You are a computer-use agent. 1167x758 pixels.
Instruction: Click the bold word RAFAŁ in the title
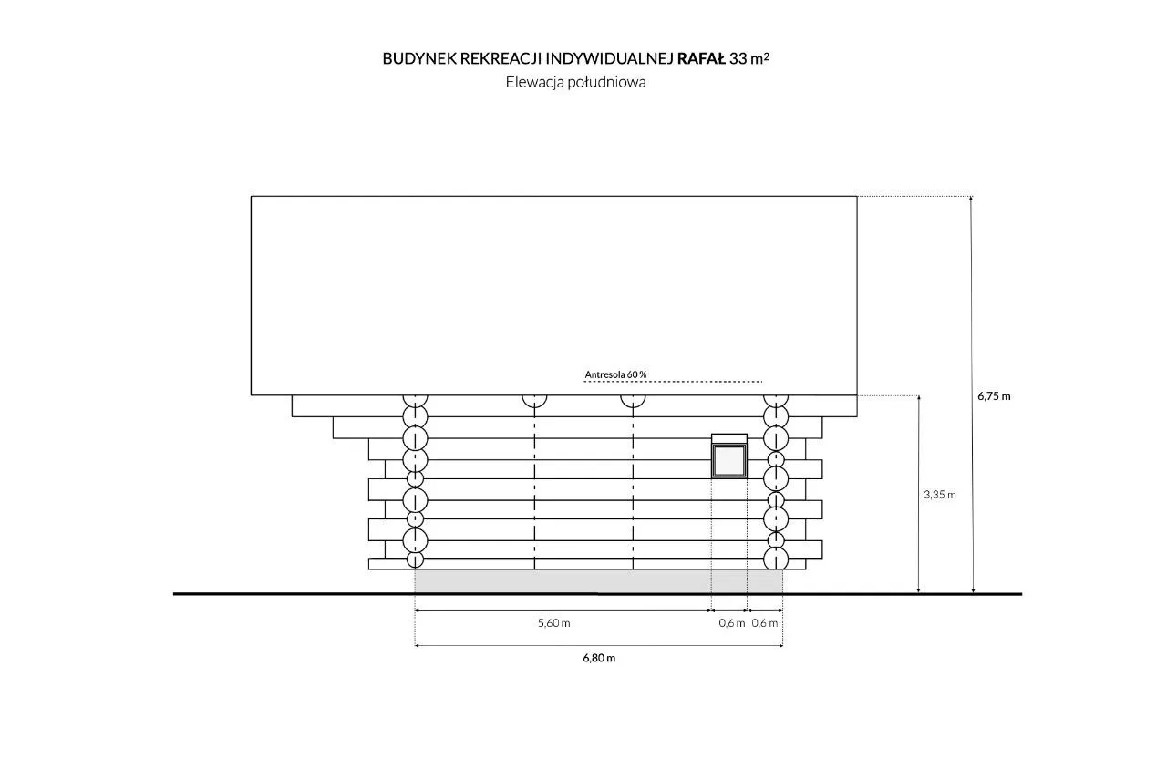point(701,59)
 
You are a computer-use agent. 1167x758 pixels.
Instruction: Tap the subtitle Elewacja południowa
point(575,82)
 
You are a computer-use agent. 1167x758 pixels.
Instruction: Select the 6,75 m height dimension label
point(994,396)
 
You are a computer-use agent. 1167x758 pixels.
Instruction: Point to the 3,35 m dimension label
point(940,495)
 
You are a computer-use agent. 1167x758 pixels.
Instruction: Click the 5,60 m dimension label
point(553,622)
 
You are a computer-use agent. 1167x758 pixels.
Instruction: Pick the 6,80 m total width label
point(599,658)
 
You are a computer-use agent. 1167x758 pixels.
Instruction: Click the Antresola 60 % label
point(615,374)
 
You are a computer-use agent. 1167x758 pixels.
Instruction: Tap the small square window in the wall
point(729,461)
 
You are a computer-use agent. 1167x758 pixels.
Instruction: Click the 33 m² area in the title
point(749,59)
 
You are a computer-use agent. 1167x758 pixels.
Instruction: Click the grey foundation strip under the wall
point(599,580)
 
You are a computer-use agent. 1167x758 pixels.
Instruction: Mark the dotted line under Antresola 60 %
point(673,382)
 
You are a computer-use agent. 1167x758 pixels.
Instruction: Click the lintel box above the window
point(729,438)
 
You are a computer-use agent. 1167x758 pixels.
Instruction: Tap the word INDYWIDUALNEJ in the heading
point(609,59)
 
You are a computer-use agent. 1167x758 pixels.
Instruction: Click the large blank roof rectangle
point(553,296)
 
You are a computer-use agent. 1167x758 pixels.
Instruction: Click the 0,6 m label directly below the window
point(732,623)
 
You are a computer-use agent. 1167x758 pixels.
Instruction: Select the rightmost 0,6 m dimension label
point(765,623)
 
